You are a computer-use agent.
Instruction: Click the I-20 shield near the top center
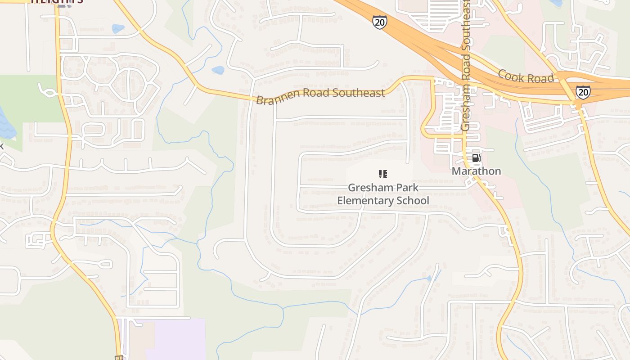click(x=379, y=22)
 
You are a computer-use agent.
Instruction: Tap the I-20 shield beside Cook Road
click(x=583, y=92)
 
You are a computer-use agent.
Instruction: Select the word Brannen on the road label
click(x=276, y=98)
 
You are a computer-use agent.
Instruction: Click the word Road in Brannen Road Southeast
click(x=314, y=94)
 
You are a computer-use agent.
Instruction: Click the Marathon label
click(x=476, y=171)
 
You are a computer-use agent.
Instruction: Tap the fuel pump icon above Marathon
click(x=476, y=158)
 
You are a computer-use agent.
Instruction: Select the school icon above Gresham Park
click(x=383, y=174)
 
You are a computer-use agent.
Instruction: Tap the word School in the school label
click(x=414, y=200)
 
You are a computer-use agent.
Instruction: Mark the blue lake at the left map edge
click(x=5, y=124)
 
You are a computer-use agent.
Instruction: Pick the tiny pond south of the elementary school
click(x=428, y=279)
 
